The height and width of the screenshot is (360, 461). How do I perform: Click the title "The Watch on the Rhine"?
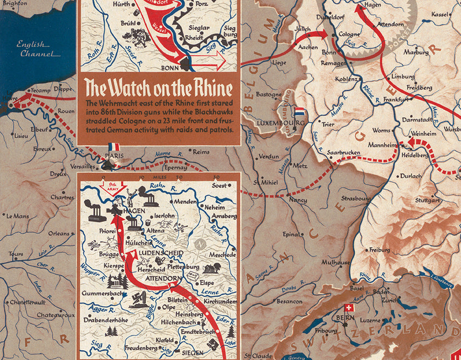click(x=159, y=88)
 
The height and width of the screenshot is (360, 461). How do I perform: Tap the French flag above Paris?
click(x=113, y=147)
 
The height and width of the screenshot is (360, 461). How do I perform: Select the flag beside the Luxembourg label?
click(x=299, y=112)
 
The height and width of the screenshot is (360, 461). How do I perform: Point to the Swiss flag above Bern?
click(x=347, y=309)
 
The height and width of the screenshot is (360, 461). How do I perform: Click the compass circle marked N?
click(x=200, y=242)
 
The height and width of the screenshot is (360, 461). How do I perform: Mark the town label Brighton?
click(x=15, y=3)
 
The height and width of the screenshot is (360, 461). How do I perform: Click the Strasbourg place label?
click(x=356, y=198)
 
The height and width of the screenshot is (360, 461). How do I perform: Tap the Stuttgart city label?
click(x=427, y=200)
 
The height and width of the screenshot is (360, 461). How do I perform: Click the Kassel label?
click(x=440, y=14)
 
